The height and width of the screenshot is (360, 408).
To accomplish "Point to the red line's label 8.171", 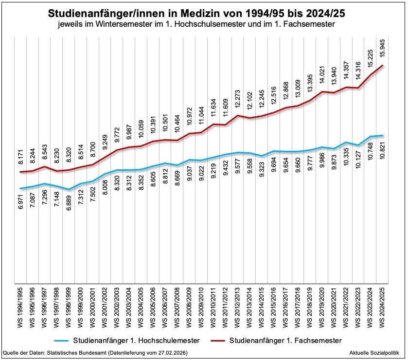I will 20,157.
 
